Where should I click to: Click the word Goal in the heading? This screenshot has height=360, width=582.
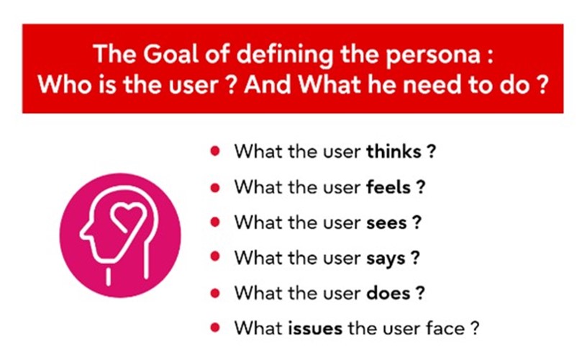[171, 54]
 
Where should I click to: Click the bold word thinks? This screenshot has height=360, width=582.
[394, 152]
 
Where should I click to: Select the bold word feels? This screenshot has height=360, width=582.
[388, 187]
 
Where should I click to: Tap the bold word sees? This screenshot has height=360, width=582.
[386, 223]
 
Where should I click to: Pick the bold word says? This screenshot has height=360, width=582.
[386, 259]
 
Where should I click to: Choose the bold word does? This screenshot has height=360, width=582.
[388, 293]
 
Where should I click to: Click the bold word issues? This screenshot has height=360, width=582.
[315, 328]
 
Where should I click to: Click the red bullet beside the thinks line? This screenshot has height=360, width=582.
[215, 151]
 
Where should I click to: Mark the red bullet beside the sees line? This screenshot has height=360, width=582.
[215, 222]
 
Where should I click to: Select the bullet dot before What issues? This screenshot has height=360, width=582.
[215, 328]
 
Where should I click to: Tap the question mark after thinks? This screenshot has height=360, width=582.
[431, 152]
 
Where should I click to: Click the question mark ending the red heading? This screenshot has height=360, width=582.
[542, 85]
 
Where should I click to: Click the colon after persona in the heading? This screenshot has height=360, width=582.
[490, 58]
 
